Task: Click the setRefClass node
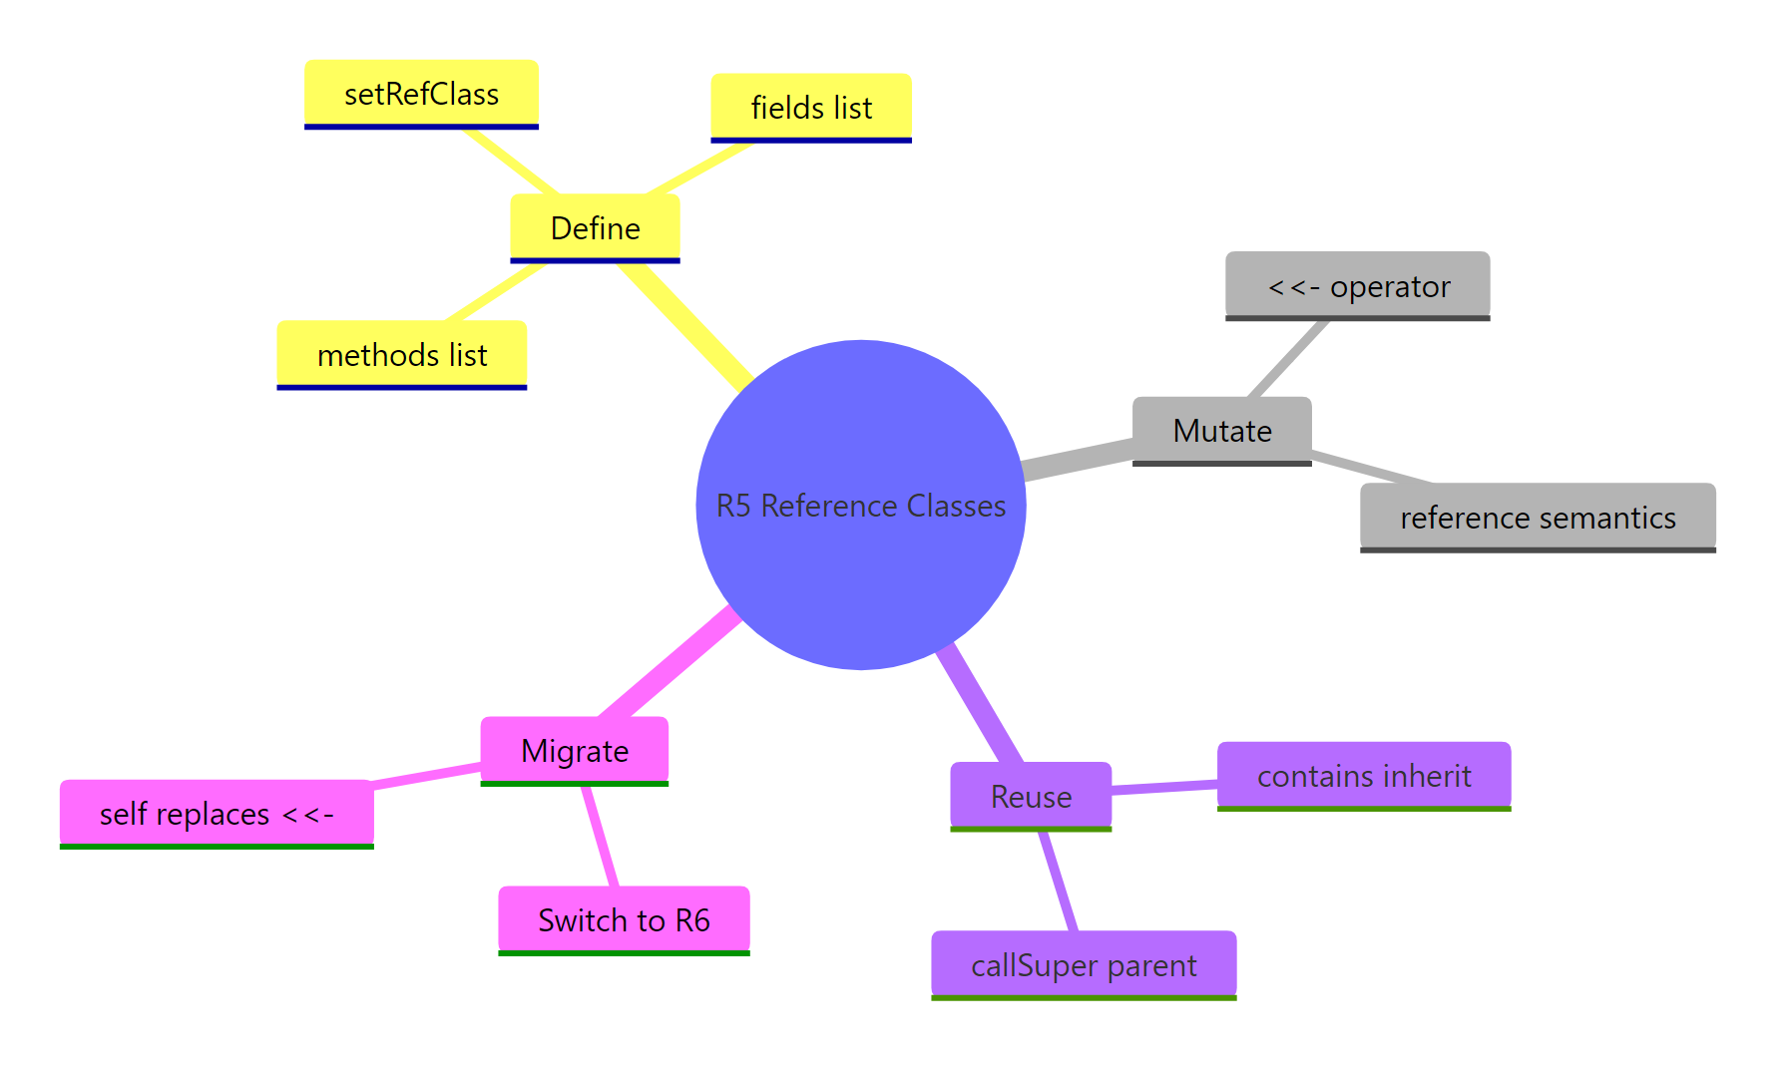[421, 94]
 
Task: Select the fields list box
[810, 107]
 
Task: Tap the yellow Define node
[595, 227]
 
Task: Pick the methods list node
[401, 354]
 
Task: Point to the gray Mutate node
[1221, 430]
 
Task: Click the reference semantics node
[1537, 517]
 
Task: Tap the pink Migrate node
[574, 750]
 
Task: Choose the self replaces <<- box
[217, 813]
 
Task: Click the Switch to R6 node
[624, 919]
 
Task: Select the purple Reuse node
[1031, 796]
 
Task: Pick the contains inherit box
[1363, 775]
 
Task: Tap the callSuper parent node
[1084, 964]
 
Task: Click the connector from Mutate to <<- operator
[1289, 358]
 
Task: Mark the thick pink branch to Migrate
[669, 663]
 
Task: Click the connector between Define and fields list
[698, 168]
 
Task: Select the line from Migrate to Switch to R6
[601, 836]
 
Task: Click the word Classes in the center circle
[956, 506]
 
